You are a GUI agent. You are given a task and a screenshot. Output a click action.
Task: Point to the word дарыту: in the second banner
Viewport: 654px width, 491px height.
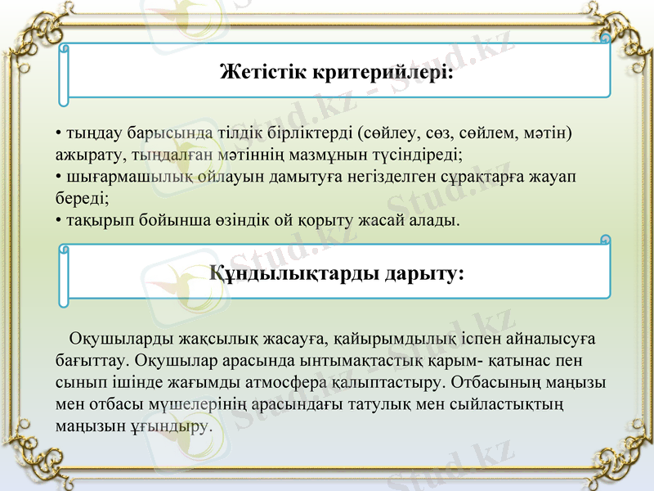[422, 273]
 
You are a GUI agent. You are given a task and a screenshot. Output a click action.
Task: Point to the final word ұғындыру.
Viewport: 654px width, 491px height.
[175, 426]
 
